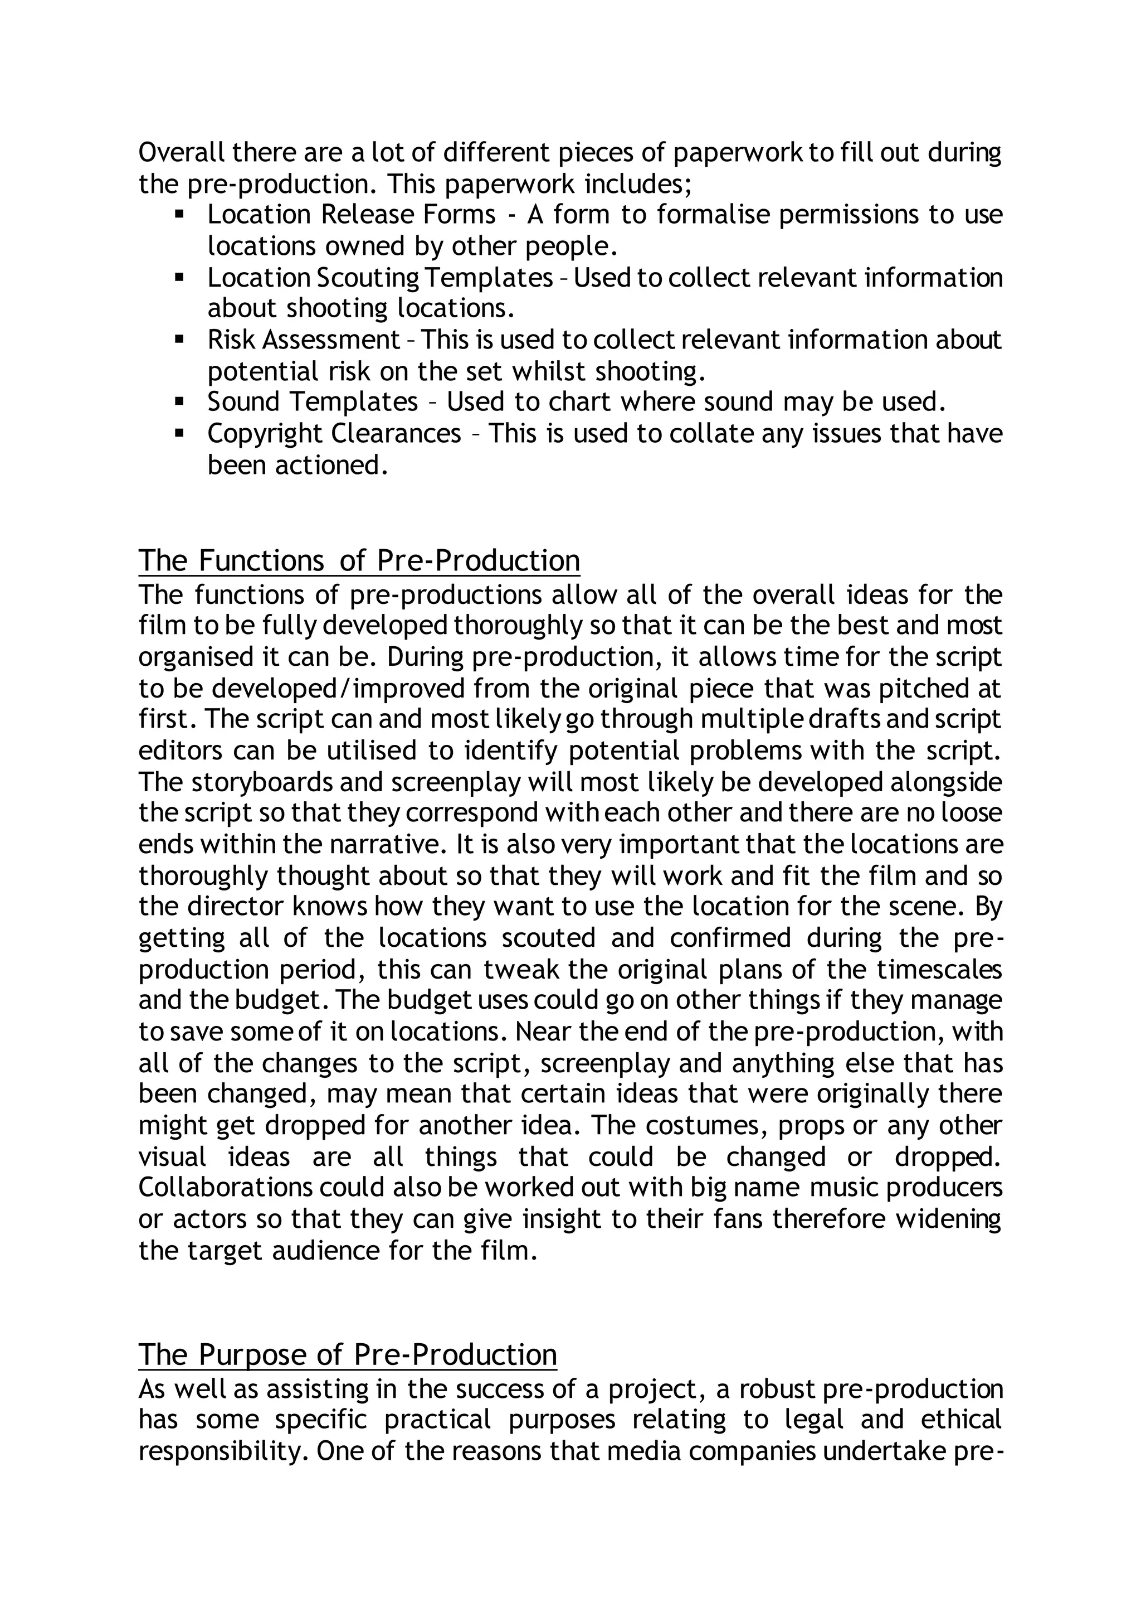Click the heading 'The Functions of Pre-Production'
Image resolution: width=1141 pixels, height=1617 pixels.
[359, 560]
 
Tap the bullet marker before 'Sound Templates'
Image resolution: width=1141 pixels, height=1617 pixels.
[179, 402]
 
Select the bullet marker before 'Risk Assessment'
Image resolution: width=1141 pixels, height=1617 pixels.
[179, 340]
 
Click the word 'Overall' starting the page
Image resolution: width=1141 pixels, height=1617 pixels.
[182, 152]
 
